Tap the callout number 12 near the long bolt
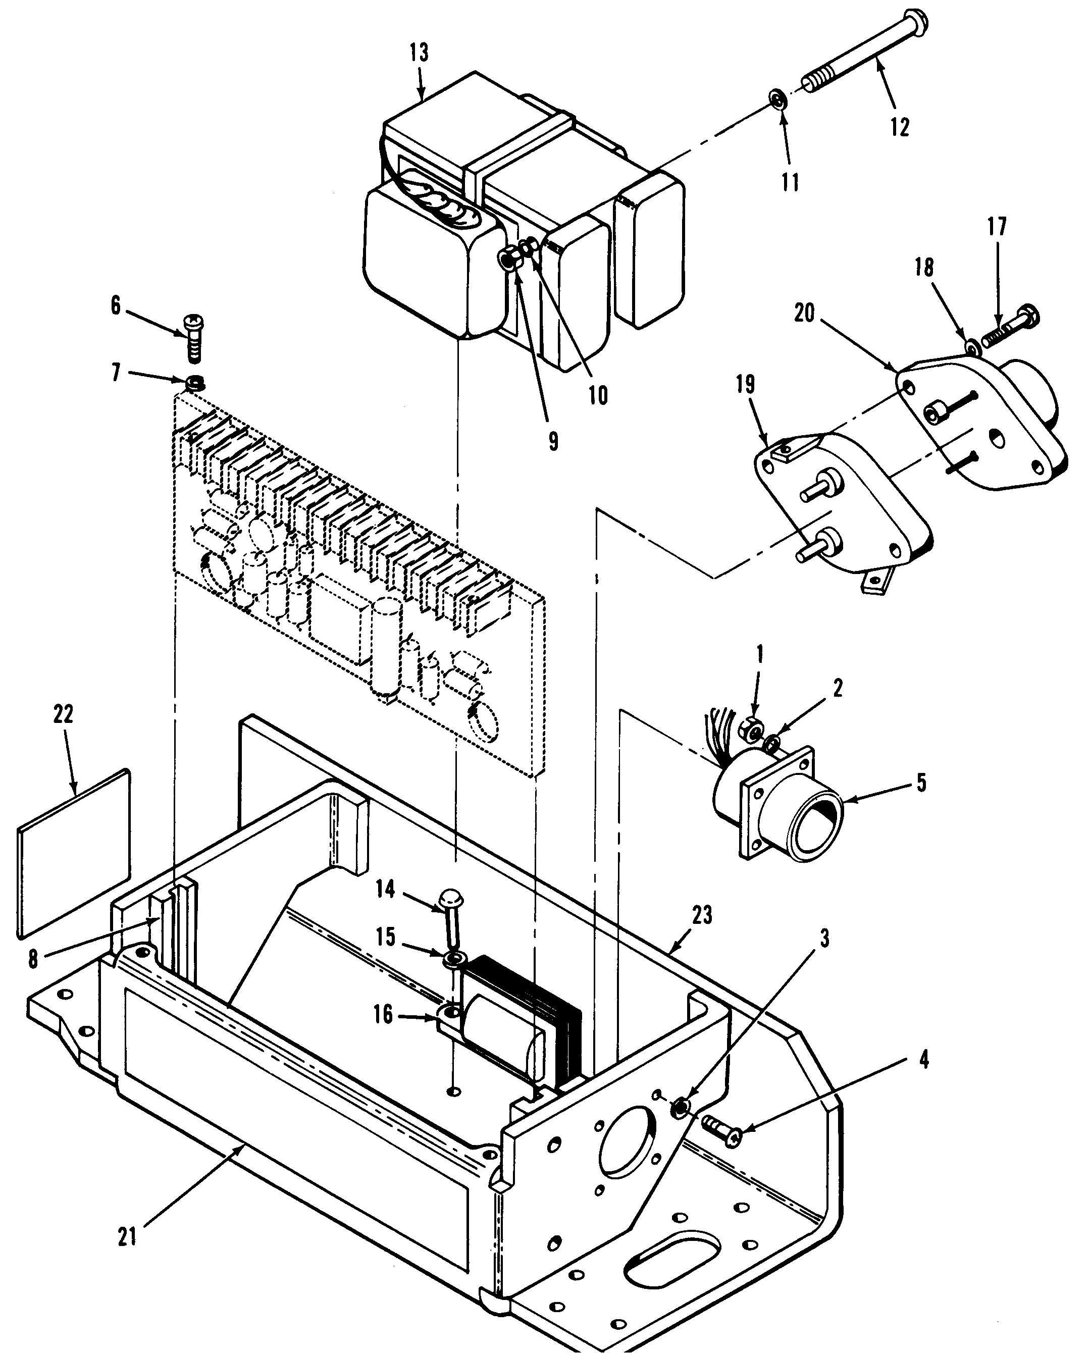899,127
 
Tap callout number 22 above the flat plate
63,713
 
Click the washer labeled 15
454,959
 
